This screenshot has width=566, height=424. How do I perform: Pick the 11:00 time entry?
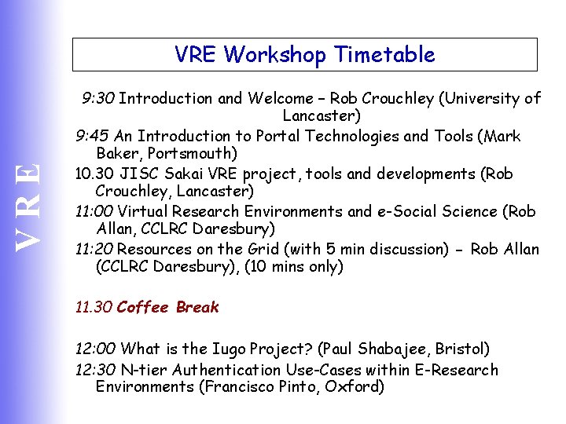point(94,212)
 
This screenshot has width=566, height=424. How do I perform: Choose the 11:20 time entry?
point(94,250)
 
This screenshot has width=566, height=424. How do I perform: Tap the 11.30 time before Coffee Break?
point(93,308)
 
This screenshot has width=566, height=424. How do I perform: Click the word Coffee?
point(143,308)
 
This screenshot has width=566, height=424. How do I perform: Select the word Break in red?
point(197,308)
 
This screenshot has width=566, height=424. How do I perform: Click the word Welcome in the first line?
point(280,99)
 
